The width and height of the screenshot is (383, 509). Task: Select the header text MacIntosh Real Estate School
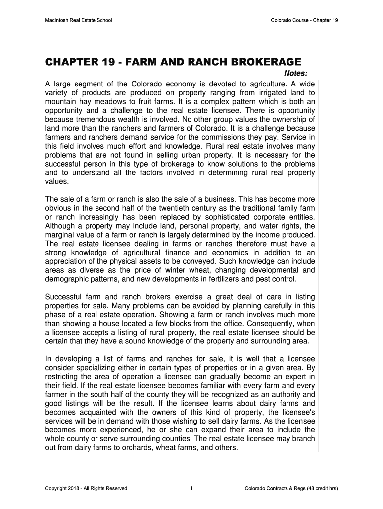[79, 20]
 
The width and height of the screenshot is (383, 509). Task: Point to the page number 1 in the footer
[191, 488]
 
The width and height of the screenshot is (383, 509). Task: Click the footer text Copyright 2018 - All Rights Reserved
[86, 488]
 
